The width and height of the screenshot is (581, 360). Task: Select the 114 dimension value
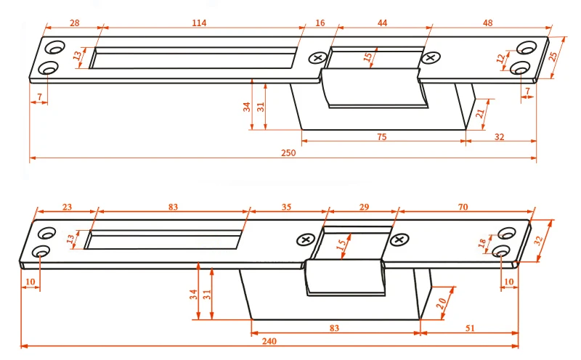click(199, 23)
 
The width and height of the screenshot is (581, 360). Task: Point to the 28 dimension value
click(74, 23)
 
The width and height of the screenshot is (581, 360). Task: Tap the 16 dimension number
click(320, 23)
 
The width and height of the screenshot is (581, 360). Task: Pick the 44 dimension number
click(383, 23)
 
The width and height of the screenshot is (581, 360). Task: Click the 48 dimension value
click(487, 23)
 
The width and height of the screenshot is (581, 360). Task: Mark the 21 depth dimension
click(480, 112)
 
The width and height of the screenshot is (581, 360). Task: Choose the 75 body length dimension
click(381, 136)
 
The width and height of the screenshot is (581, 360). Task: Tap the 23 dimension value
click(67, 207)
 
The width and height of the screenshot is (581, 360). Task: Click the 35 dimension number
click(286, 207)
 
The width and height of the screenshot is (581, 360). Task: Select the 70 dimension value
click(463, 207)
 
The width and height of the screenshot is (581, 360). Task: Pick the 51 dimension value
click(470, 329)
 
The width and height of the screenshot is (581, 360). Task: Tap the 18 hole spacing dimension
click(482, 245)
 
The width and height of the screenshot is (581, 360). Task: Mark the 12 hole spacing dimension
click(500, 59)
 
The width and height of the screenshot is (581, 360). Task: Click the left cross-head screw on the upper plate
click(317, 58)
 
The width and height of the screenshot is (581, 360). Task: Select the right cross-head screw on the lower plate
click(399, 239)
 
